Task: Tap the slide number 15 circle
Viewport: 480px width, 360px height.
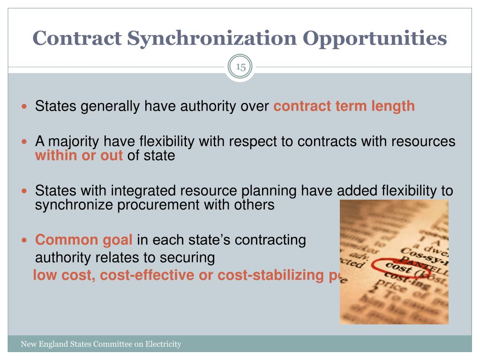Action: click(x=241, y=67)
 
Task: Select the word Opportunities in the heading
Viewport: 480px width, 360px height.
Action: click(x=375, y=38)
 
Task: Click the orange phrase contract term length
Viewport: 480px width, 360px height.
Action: click(x=344, y=106)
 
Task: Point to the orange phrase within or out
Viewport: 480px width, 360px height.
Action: click(x=79, y=156)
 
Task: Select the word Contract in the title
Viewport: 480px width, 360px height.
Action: click(x=77, y=38)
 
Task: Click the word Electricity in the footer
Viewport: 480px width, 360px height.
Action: click(x=163, y=345)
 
